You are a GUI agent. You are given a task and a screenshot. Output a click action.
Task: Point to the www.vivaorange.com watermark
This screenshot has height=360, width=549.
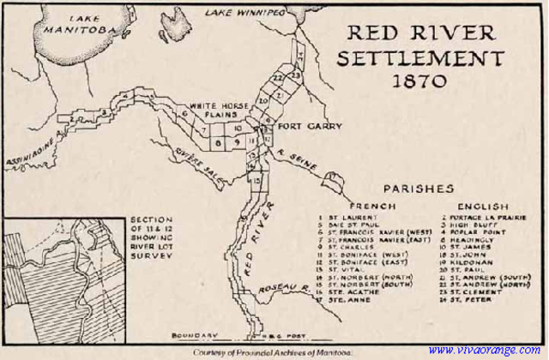click(x=485, y=350)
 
